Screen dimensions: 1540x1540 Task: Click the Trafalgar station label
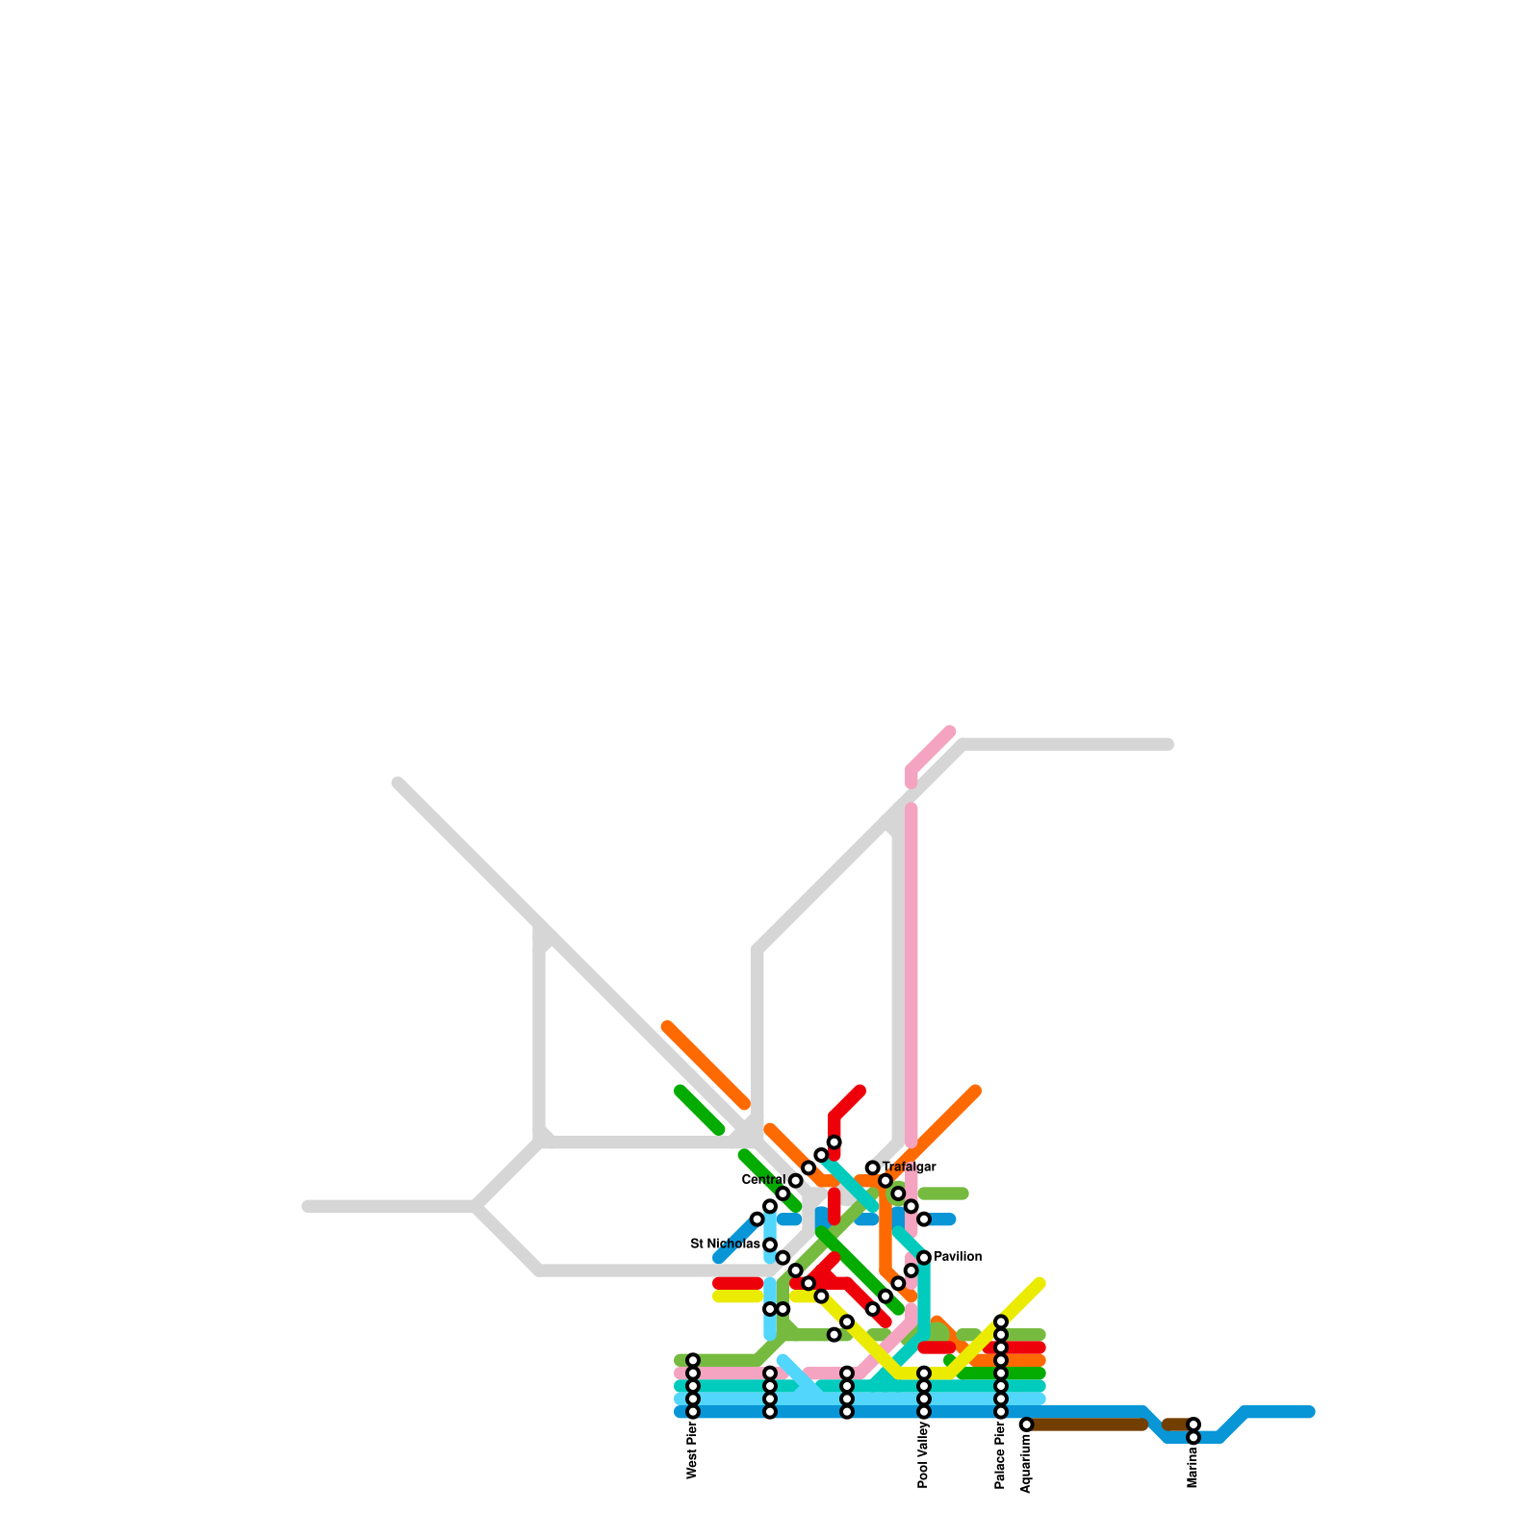[x=909, y=1168]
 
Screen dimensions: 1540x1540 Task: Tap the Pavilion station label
[x=957, y=1257]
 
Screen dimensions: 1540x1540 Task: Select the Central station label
[x=764, y=1180]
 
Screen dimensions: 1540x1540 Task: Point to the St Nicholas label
[x=725, y=1245]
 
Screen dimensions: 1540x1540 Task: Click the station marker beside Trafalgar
[x=872, y=1168]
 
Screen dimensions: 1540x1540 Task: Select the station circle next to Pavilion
[x=924, y=1258]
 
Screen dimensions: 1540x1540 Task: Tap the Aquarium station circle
[x=1026, y=1424]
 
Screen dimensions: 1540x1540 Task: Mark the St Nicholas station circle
[x=770, y=1245]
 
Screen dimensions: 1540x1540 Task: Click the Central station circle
[x=796, y=1181]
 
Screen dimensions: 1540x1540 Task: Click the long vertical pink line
[x=911, y=972]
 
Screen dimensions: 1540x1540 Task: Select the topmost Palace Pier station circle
[x=1000, y=1322]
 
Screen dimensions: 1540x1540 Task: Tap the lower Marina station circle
[x=1193, y=1438]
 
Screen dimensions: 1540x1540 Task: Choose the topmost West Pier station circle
[x=692, y=1360]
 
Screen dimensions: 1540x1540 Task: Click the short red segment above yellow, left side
[x=738, y=1283]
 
